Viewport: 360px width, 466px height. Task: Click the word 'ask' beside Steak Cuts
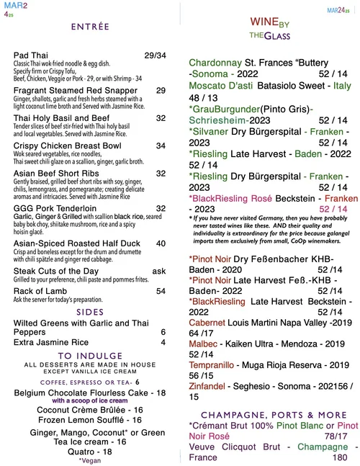(160, 270)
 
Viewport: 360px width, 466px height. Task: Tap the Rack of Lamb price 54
(161, 290)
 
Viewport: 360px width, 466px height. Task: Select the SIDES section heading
(90, 312)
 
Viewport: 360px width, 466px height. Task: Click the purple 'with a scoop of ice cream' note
(91, 400)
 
